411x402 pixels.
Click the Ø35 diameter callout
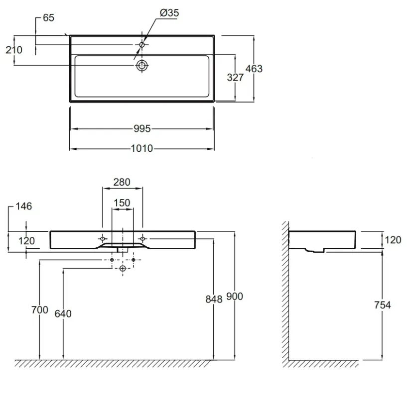point(169,13)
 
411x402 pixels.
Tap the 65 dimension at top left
point(48,18)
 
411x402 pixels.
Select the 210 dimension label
point(14,50)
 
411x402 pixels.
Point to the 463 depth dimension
point(254,69)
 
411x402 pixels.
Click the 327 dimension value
point(235,78)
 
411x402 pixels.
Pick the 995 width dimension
point(142,129)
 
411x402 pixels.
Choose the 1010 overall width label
point(142,148)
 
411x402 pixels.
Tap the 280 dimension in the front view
point(122,182)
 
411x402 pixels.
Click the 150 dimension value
point(122,203)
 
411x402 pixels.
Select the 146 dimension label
point(24,206)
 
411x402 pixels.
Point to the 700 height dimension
point(39,310)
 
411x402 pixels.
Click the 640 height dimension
point(63,313)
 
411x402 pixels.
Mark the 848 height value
point(214,299)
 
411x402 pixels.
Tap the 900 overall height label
point(235,297)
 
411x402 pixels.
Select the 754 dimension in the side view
point(383,305)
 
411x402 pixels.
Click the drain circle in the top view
point(142,66)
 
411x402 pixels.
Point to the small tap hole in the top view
point(142,45)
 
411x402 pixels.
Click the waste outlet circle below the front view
point(123,268)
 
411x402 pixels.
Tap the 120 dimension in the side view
point(393,240)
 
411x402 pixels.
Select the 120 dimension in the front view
point(26,241)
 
